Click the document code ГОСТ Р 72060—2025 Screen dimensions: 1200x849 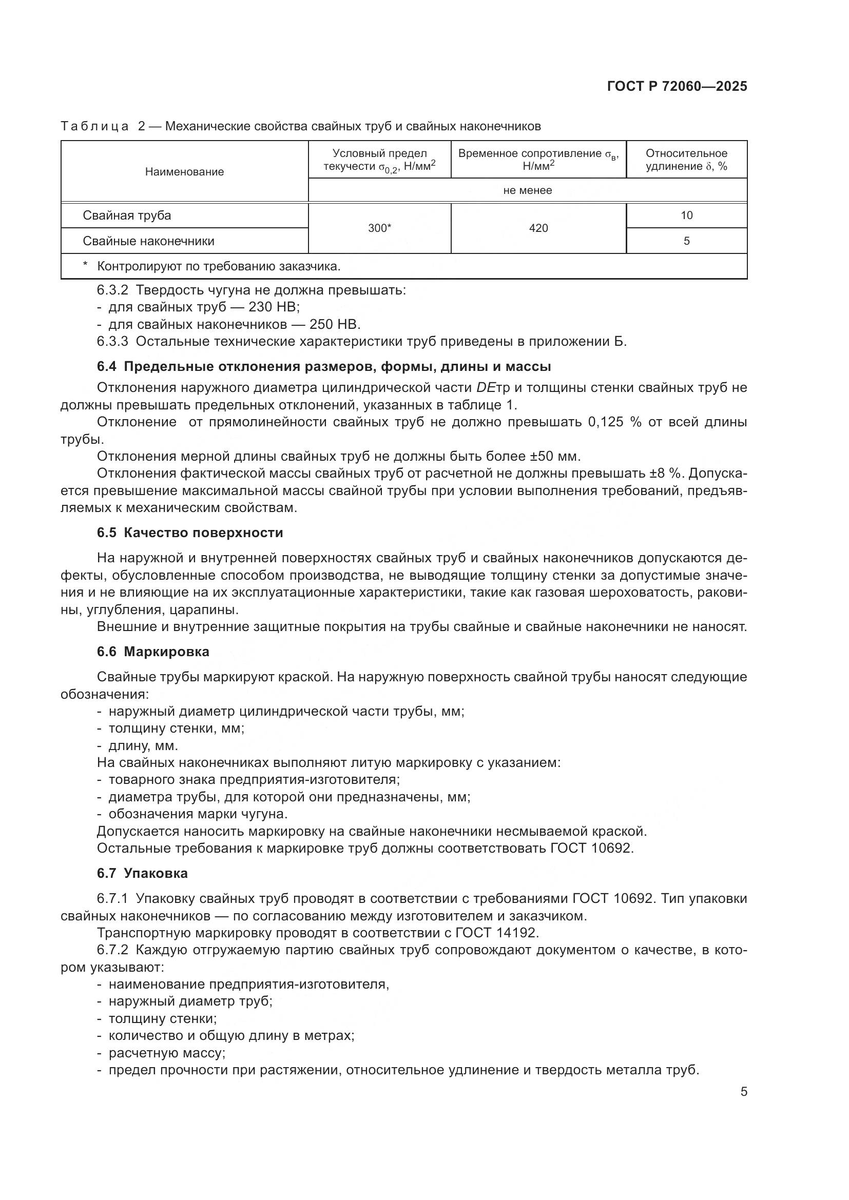677,86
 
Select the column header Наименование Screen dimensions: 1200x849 184,172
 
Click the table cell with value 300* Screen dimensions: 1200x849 379,228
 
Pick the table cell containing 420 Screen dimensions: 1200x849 538,228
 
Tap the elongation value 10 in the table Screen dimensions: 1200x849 686,215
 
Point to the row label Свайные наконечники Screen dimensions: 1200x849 148,241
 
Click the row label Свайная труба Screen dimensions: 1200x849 126,215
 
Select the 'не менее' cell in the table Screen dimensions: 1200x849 527,190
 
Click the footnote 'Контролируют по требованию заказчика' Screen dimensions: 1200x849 219,267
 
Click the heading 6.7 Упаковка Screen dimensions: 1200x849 142,873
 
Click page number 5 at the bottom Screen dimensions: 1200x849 743,1092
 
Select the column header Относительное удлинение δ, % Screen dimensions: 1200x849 686,160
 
